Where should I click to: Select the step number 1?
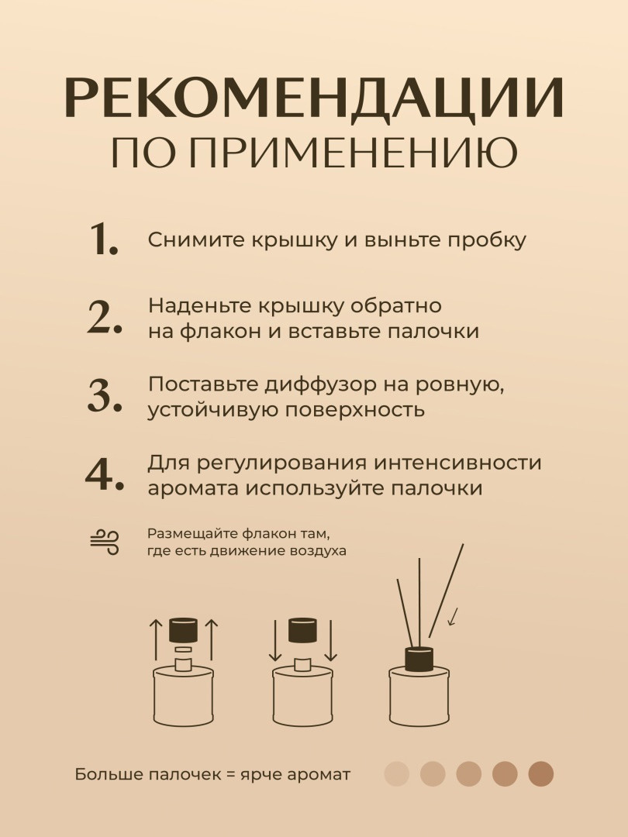point(104,239)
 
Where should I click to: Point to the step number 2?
point(105,317)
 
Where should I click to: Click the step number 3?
point(105,395)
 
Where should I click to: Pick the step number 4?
point(105,474)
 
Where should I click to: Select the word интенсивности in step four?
point(457,463)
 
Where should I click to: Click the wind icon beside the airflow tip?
point(105,542)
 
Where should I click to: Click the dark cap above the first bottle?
point(183,630)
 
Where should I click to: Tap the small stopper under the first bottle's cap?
point(183,649)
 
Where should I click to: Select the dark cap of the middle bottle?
point(303,630)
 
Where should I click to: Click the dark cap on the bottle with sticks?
point(419,660)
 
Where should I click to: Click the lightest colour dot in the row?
point(397,774)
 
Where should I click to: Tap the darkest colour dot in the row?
point(541,774)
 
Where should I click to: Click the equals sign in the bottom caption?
point(231,775)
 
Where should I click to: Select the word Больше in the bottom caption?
point(109,774)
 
